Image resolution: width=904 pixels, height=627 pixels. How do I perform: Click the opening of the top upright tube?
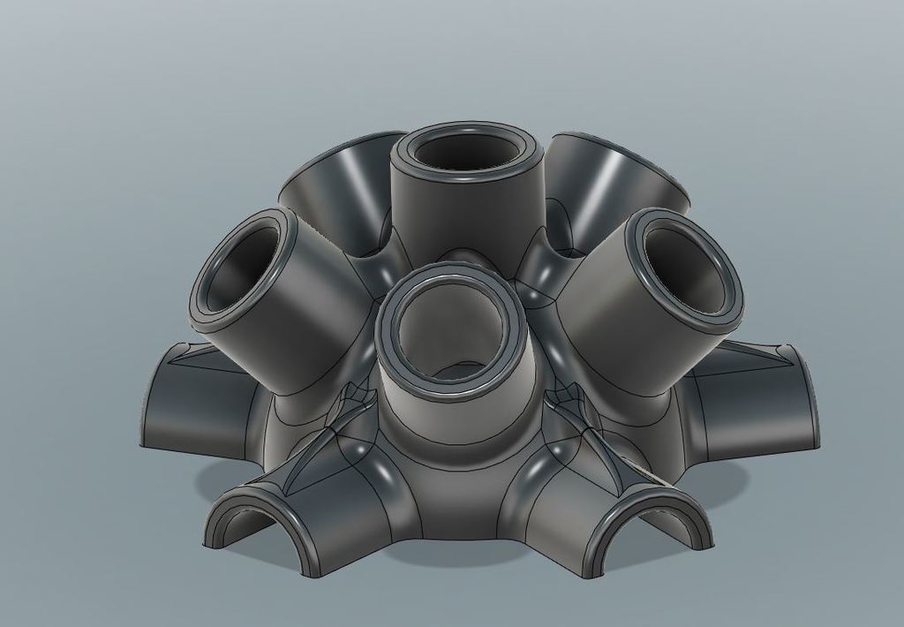point(465,151)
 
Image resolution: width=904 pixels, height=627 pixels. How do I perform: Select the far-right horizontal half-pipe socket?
point(759,402)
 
